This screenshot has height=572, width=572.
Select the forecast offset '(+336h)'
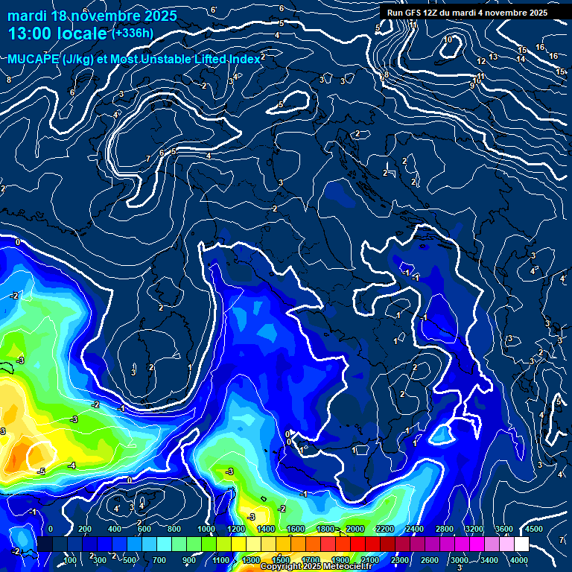(133, 33)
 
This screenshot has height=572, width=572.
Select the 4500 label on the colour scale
(534, 529)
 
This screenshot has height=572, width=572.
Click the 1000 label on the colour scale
(206, 529)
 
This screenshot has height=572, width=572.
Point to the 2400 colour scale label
(414, 529)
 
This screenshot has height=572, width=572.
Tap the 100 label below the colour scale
(70, 560)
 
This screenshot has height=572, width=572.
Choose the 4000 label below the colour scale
(520, 560)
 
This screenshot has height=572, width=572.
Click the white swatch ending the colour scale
(521, 544)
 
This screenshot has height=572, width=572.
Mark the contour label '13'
(493, 57)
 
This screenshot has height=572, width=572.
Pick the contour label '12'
(481, 61)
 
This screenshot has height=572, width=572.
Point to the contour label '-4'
(71, 465)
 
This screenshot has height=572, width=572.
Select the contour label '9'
(471, 86)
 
